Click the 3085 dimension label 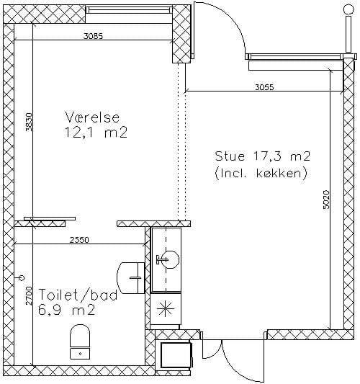tap(94, 36)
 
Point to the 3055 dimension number tap(264, 87)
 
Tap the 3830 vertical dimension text tap(29, 122)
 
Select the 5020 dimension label tap(326, 200)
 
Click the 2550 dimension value tap(79, 240)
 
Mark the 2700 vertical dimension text tap(29, 295)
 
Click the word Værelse tap(92, 117)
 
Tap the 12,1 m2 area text tap(96, 133)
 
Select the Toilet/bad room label tap(78, 295)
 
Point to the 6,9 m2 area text tap(66, 311)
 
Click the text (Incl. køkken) tap(261, 173)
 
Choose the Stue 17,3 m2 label tap(263, 156)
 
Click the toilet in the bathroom tap(80, 342)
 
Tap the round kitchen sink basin tap(171, 259)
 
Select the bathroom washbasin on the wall tap(131, 277)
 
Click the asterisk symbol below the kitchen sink tap(165, 309)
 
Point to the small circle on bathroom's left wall tap(22, 277)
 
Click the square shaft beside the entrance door tap(176, 356)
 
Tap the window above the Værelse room tap(129, 10)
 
